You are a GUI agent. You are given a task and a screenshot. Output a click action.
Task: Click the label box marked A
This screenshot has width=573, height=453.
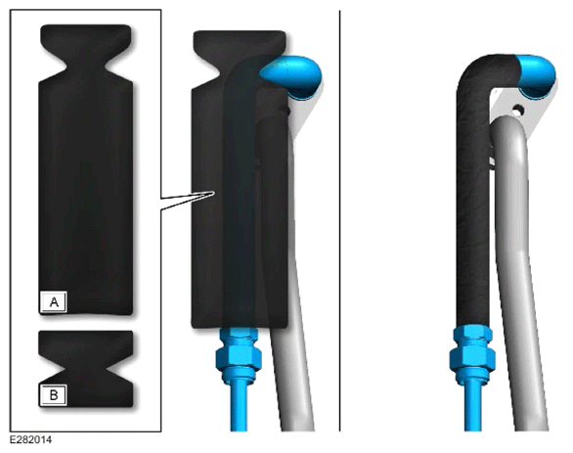pos(54,302)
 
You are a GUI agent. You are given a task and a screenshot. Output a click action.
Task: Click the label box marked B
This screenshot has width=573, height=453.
pos(54,395)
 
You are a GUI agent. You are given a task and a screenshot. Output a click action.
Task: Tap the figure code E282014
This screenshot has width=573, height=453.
pos(30,440)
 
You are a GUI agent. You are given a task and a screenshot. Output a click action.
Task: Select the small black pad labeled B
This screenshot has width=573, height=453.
pos(86,369)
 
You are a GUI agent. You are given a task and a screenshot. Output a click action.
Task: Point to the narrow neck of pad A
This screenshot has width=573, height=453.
pos(86,67)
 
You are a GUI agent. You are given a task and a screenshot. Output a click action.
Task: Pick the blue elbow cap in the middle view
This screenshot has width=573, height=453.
pos(292,76)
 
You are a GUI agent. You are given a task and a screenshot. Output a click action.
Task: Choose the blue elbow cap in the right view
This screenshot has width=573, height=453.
pos(537,75)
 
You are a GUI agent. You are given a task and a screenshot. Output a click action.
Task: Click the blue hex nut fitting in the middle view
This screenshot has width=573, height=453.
pos(239,353)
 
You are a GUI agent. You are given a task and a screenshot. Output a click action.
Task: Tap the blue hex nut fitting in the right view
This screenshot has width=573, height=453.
pos(472,353)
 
